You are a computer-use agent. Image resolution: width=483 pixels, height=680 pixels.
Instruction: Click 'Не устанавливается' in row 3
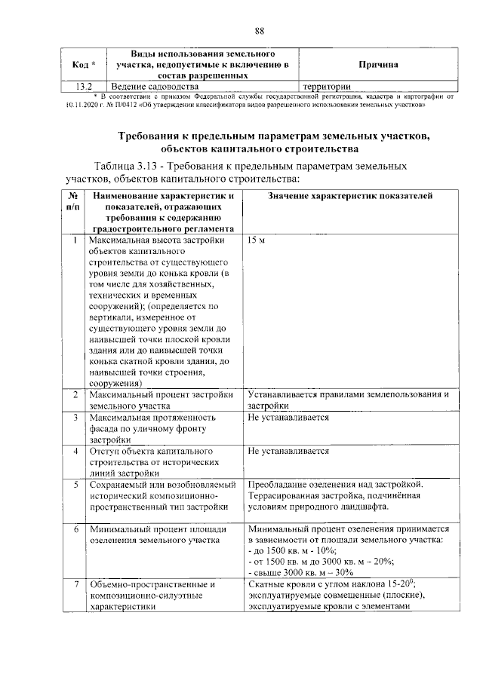point(288,416)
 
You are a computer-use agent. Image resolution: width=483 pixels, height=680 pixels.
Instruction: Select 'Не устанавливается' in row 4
point(288,450)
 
